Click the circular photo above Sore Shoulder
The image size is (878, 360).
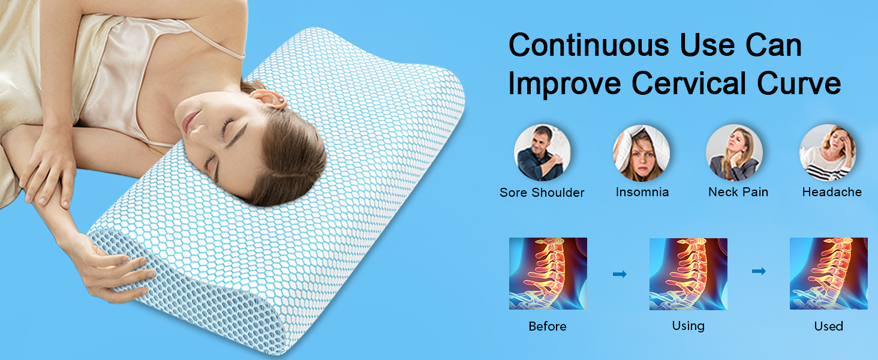point(542,152)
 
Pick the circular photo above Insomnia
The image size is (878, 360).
point(641,152)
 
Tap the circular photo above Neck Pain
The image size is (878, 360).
point(734,152)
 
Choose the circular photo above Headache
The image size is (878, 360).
point(828,152)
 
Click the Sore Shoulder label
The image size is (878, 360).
point(542,193)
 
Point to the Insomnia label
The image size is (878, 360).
point(642,193)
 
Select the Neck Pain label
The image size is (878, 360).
point(738,193)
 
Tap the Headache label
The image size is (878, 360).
point(832,193)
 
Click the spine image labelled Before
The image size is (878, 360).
point(548,274)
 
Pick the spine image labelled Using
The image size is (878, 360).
point(688,274)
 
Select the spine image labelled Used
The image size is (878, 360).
point(828,274)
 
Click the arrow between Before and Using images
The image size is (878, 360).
point(620,274)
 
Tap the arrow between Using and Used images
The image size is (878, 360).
point(759,271)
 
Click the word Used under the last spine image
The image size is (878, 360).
point(828,326)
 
